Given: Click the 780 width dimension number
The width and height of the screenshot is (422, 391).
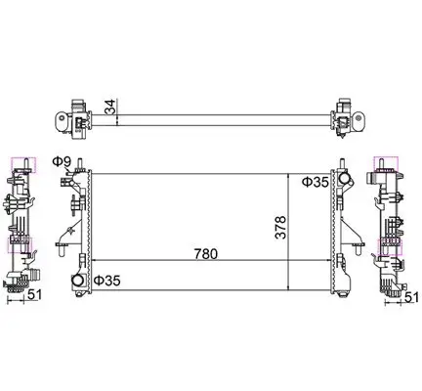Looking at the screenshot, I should coord(203,254).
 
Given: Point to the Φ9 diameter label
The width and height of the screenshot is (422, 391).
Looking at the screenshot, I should coord(60,161).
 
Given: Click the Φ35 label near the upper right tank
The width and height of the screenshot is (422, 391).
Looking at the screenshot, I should coord(315,182).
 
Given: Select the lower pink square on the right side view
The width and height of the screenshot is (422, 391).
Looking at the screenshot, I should coord(391,243).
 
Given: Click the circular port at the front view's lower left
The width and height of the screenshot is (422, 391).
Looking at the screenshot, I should coord(76,282).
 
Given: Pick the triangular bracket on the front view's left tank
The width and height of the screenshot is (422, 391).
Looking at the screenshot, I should coord(65,235).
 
